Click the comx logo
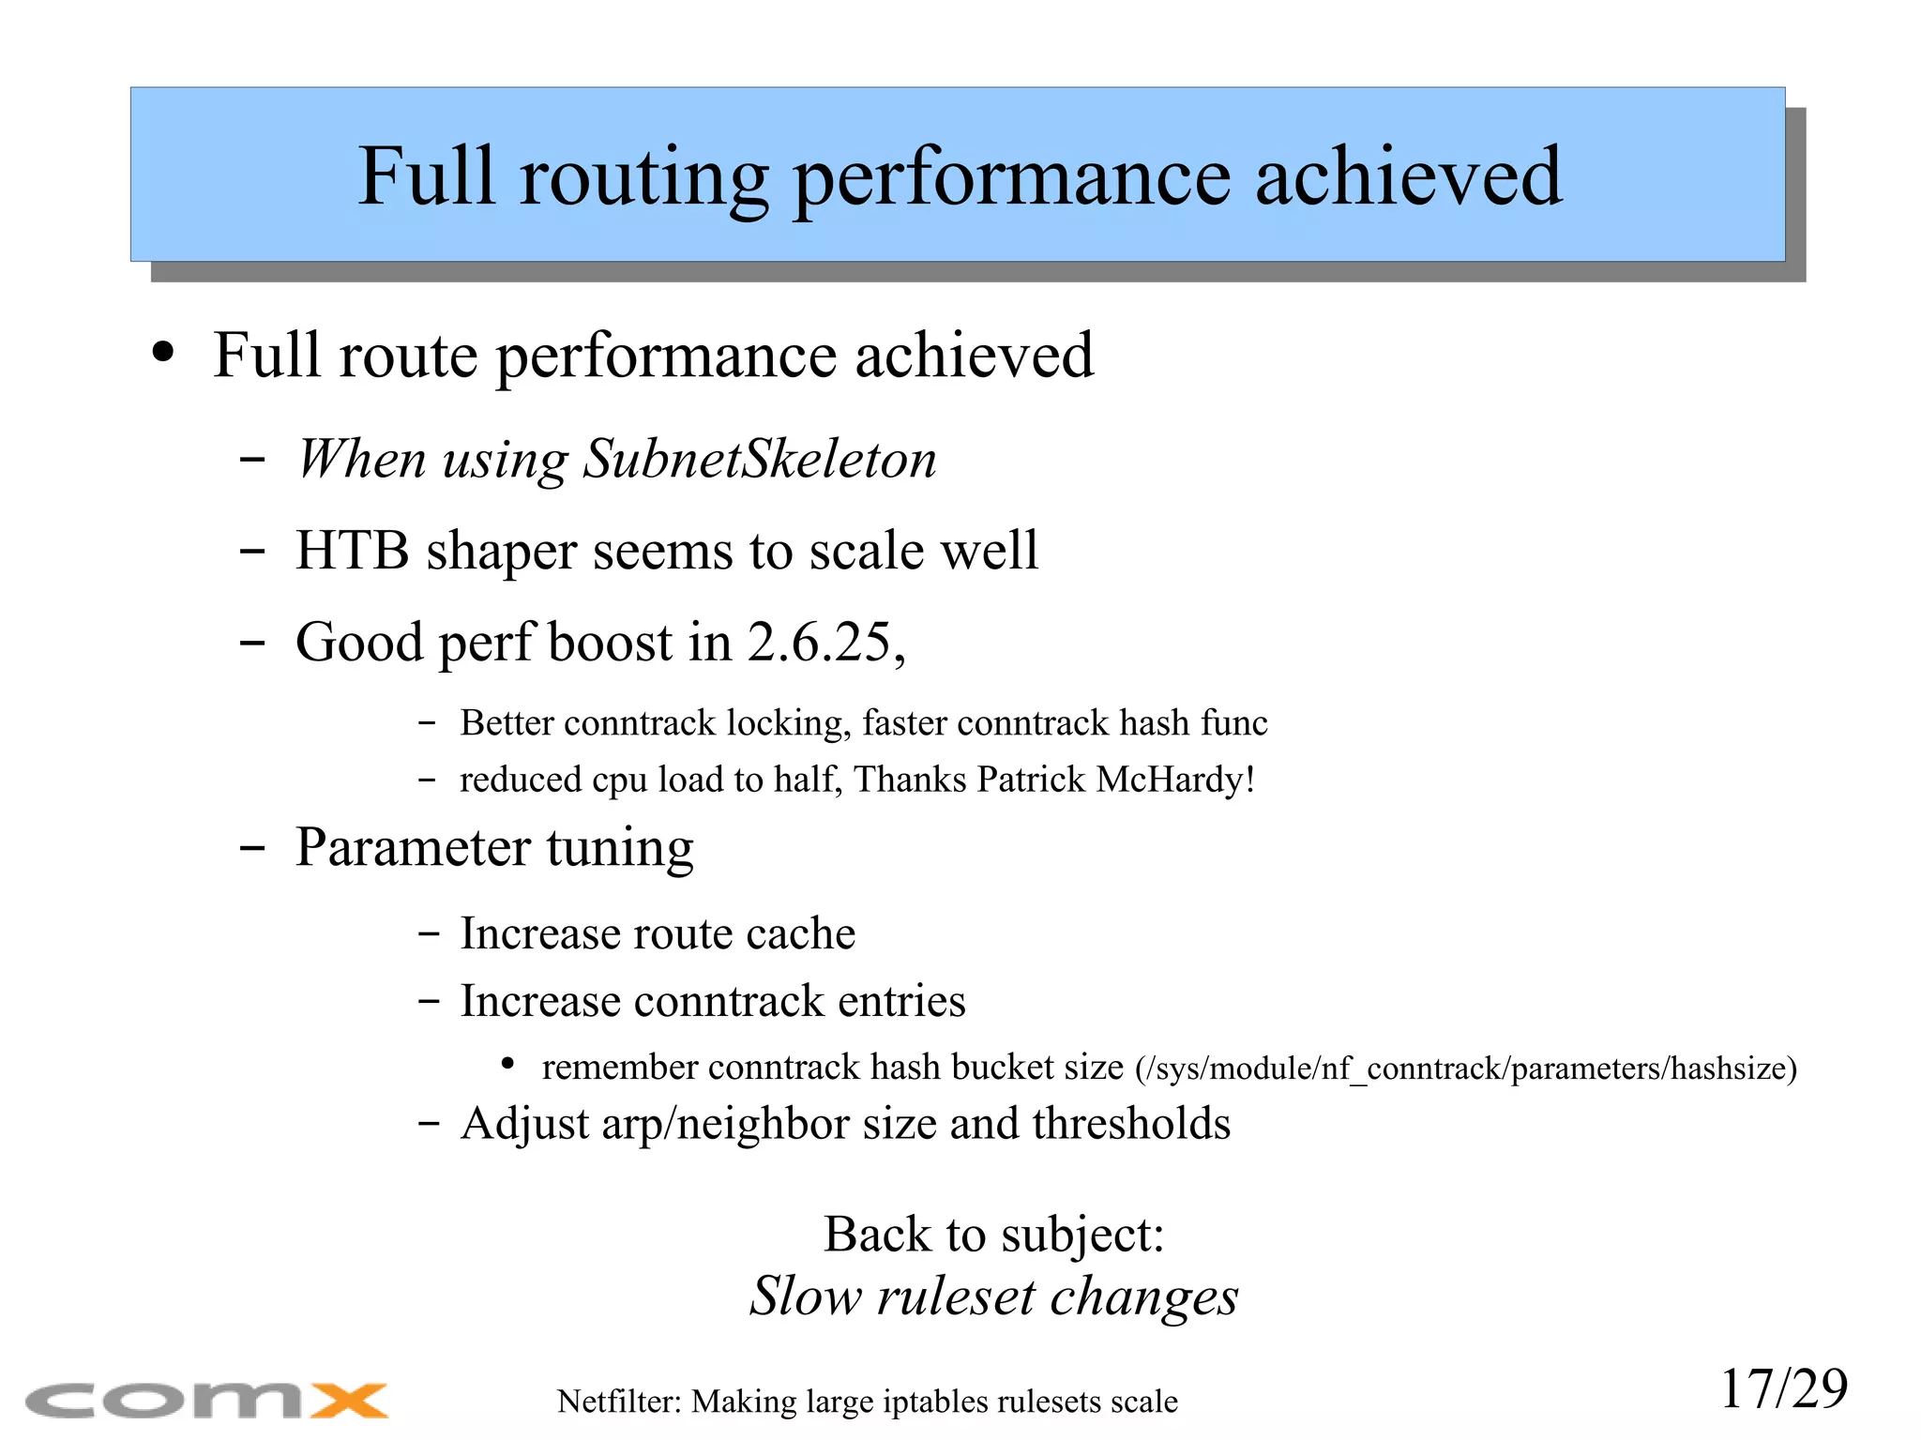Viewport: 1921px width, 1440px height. click(206, 1400)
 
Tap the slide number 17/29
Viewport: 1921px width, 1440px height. click(1783, 1388)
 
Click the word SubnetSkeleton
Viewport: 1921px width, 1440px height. click(759, 459)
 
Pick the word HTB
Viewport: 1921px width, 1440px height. click(352, 551)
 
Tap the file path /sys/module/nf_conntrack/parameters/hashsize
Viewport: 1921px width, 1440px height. click(1465, 1069)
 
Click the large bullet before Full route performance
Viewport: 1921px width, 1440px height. click(163, 355)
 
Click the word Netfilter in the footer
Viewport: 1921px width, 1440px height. click(618, 1402)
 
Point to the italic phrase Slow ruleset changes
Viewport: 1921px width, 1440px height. click(993, 1296)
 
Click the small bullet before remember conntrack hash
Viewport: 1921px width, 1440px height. click(507, 1064)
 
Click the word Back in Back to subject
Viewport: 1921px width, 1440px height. click(877, 1234)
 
